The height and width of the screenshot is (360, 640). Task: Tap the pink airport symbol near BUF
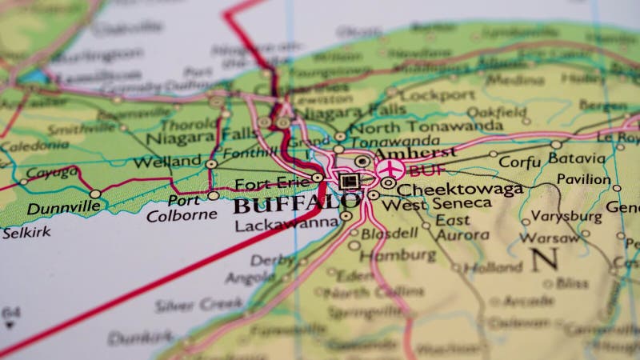(390, 168)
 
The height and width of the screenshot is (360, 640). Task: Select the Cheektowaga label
(460, 190)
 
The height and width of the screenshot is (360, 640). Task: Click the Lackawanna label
(286, 225)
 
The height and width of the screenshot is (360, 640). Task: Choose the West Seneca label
(436, 204)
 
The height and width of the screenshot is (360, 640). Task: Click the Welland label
(167, 162)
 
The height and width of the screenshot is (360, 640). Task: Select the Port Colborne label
(181, 207)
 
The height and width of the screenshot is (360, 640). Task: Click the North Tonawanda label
(426, 127)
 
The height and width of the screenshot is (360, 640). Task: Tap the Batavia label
(576, 158)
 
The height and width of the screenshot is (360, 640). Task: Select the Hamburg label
(398, 256)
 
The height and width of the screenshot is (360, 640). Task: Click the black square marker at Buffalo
(347, 182)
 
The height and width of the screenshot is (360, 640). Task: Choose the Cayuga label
(51, 172)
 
